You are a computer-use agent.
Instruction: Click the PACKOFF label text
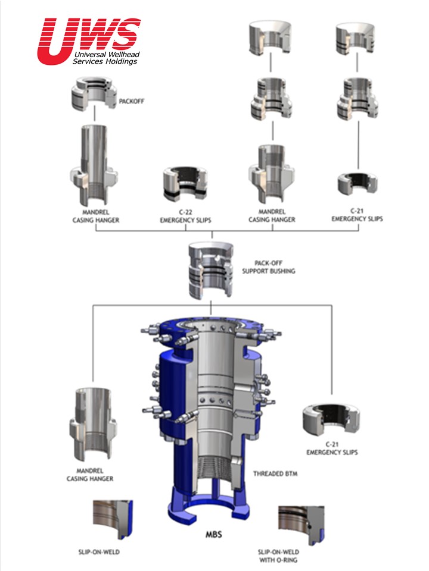pyautogui.click(x=131, y=101)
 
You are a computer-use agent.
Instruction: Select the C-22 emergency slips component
pyautogui.click(x=185, y=184)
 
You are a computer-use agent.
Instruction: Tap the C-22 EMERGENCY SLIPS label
pyautogui.click(x=185, y=216)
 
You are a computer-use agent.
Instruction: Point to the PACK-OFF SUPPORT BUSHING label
pyautogui.click(x=269, y=267)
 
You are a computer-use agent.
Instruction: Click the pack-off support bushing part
pyautogui.click(x=211, y=270)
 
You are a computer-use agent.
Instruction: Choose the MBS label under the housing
pyautogui.click(x=214, y=535)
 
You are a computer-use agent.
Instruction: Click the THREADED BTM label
pyautogui.click(x=275, y=474)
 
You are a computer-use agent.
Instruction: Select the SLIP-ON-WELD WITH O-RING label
pyautogui.click(x=278, y=556)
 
